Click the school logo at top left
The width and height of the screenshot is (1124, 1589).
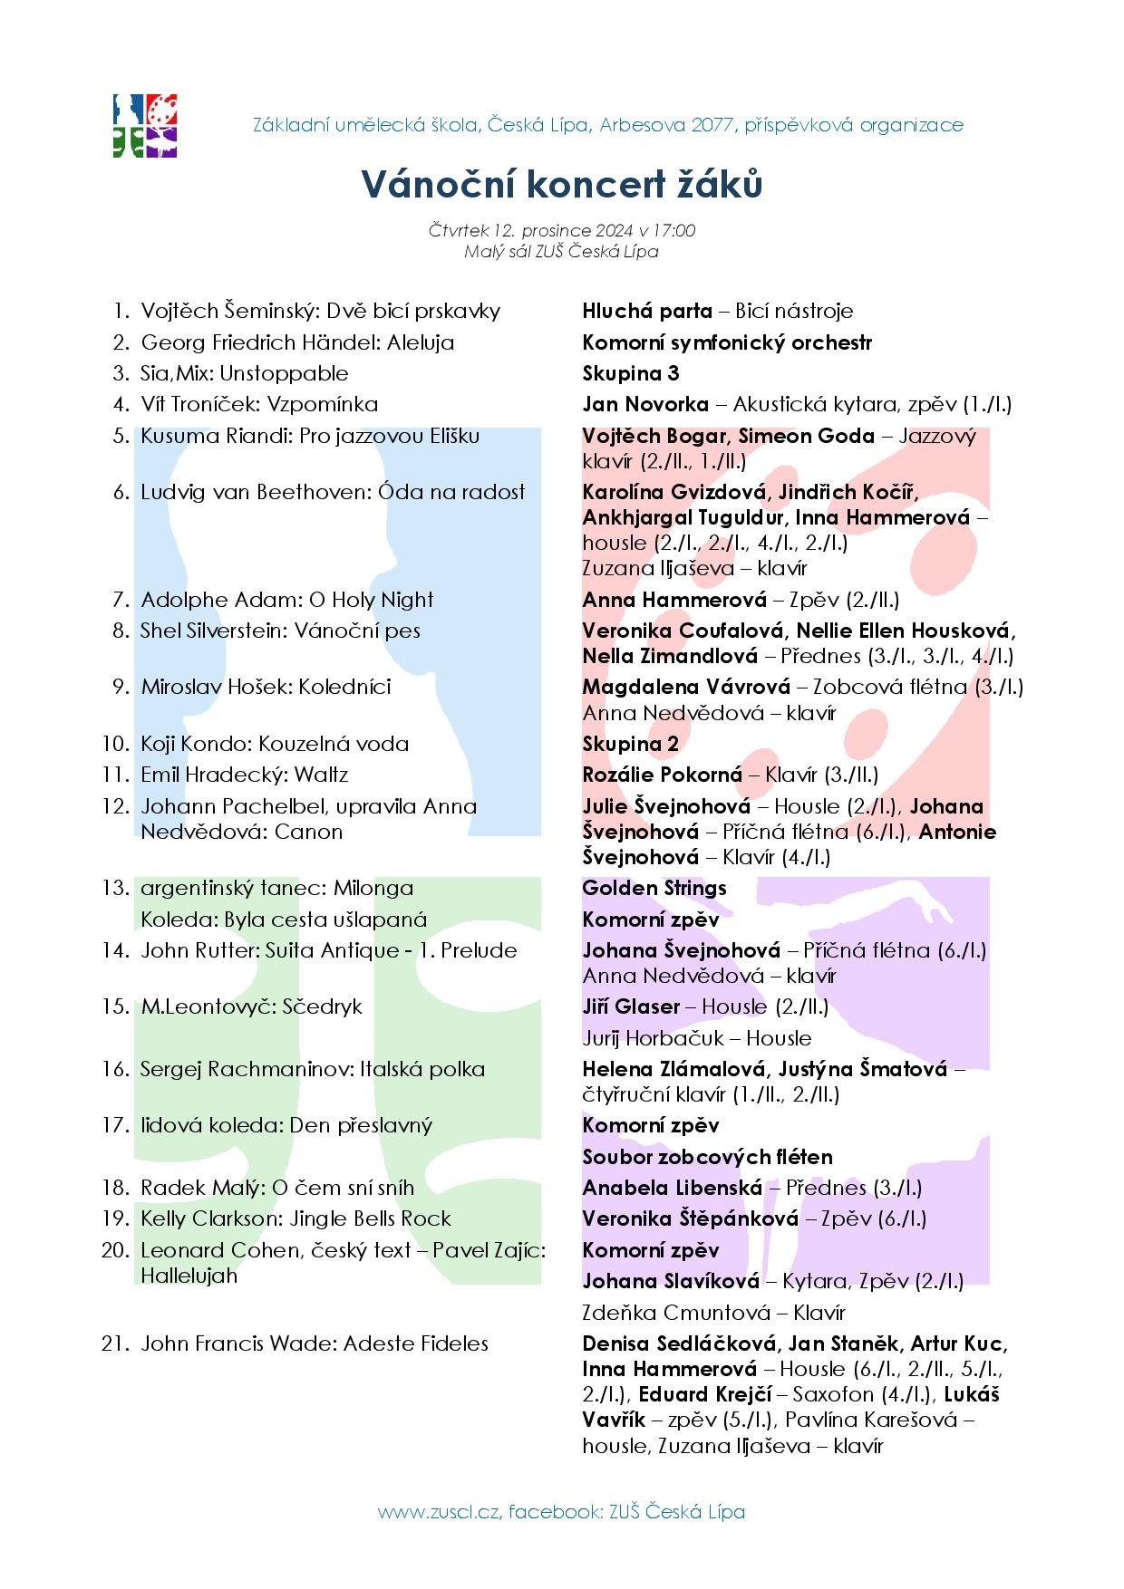[144, 125]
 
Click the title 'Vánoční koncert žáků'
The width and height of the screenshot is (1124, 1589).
[562, 184]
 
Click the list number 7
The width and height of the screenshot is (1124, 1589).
[121, 600]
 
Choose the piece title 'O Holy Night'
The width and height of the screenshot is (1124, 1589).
[372, 600]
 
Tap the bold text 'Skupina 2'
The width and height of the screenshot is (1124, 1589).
[630, 744]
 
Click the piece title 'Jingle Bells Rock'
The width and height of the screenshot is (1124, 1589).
[370, 1218]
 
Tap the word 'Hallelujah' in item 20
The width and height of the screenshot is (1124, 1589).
[189, 1276]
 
